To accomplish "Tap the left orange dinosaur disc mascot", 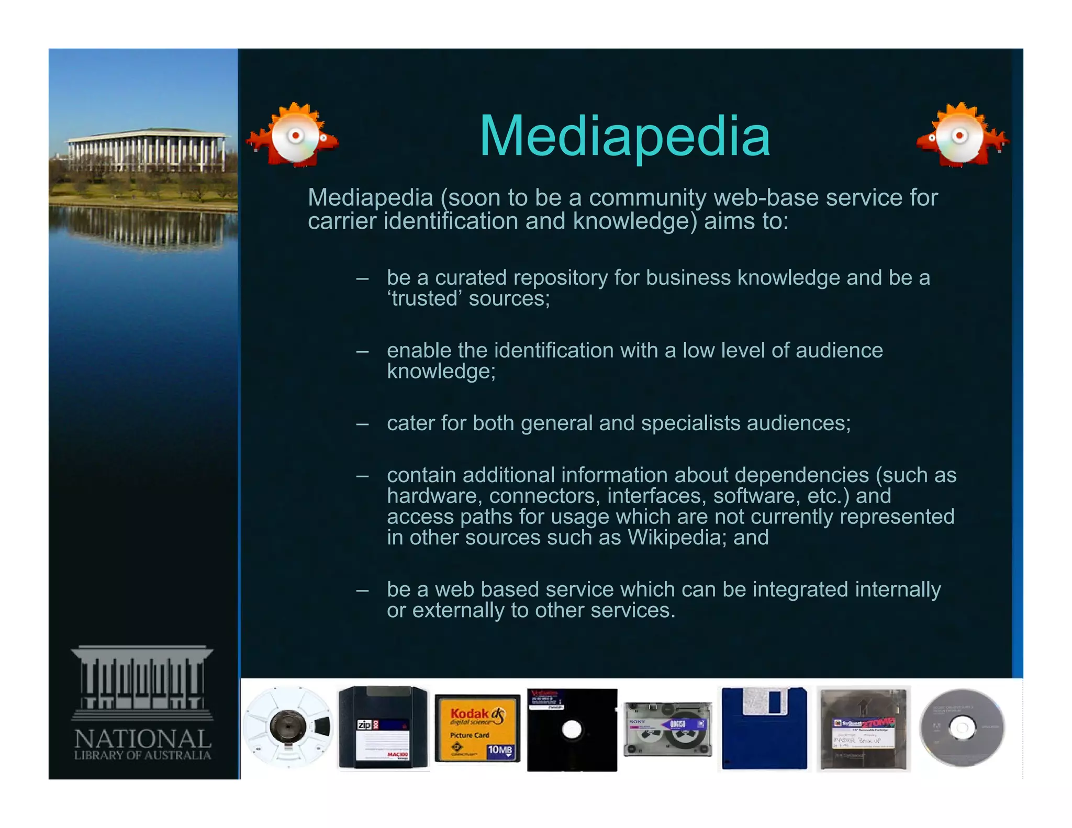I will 293,135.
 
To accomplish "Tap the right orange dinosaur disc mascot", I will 962,135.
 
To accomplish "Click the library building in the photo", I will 147,151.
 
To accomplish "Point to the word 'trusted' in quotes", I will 425,299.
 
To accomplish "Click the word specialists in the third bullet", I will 690,423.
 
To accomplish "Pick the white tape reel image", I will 288,727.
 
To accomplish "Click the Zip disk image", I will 383,728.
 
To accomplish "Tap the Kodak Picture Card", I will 477,729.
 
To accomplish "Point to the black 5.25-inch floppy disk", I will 572,730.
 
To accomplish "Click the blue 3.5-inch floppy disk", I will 764,728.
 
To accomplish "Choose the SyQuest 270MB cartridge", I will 863,729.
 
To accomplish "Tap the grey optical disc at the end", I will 962,728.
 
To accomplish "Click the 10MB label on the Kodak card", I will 500,751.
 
